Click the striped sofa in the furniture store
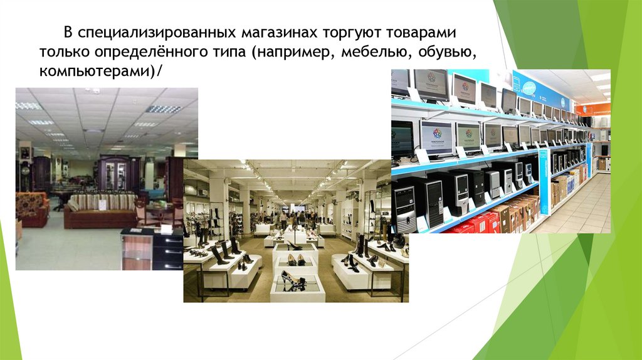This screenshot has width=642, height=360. point(100,210)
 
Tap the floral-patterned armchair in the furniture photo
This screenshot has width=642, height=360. point(31,210)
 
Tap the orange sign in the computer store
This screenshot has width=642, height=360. point(600,109)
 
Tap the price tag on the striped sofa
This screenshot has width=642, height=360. point(102,204)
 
